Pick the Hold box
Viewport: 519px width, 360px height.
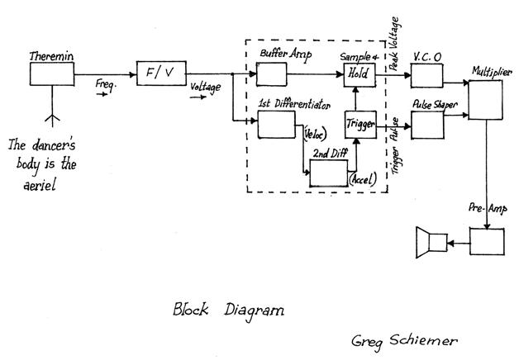(x=359, y=75)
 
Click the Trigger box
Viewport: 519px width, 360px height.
(x=359, y=124)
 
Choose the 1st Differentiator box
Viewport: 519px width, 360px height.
(x=276, y=124)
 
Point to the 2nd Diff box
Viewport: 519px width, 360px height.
(x=328, y=173)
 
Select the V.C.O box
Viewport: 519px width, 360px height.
(x=426, y=75)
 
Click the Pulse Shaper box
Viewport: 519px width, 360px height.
(x=426, y=126)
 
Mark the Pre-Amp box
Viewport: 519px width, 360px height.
(x=487, y=241)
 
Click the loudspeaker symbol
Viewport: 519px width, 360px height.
(x=432, y=242)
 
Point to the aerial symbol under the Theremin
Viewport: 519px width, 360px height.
(x=51, y=116)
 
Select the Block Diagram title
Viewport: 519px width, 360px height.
(x=227, y=311)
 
